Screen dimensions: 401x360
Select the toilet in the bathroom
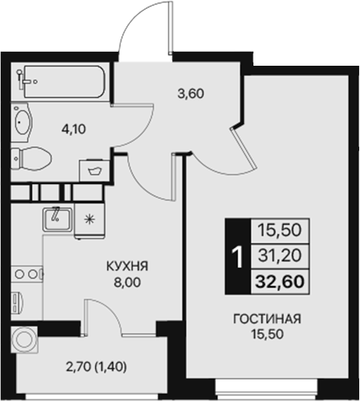click(x=32, y=158)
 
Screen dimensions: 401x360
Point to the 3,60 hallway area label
click(x=191, y=93)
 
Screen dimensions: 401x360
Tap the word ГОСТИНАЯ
click(x=264, y=319)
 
